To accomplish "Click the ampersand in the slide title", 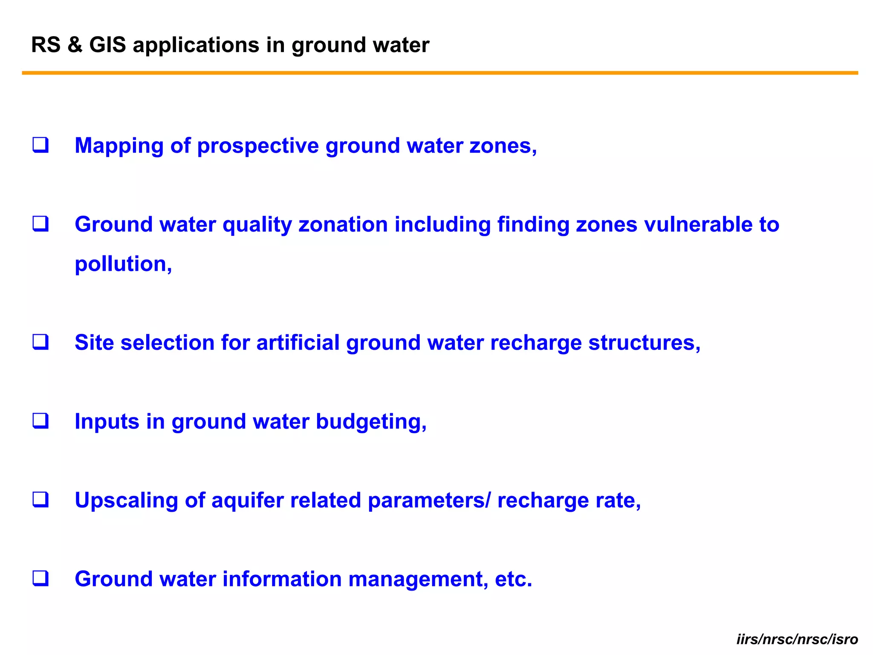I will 75,45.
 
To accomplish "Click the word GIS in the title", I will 107,45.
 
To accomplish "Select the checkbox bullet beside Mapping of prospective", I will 40,145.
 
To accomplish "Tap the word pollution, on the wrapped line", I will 123,264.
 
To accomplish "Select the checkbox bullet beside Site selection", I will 40,342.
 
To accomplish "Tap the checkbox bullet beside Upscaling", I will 40,499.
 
